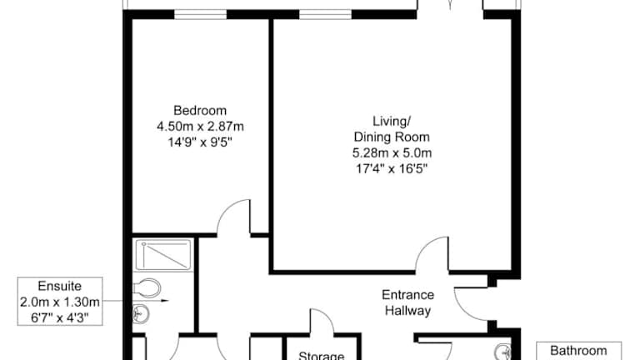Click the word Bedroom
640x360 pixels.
point(200,111)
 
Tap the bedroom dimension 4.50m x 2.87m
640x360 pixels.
point(200,127)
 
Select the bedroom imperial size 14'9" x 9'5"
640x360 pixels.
point(200,142)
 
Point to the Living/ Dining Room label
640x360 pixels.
point(392,129)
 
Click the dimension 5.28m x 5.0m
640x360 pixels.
point(392,153)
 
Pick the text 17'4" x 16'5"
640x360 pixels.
point(392,168)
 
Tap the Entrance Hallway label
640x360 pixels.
point(407,302)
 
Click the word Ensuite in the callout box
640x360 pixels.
point(60,286)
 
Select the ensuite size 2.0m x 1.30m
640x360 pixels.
point(60,302)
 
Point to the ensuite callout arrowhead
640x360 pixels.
point(165,301)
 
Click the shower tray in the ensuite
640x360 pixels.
point(163,255)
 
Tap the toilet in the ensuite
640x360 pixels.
point(147,288)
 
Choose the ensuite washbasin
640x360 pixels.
point(140,314)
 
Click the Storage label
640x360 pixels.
point(321,355)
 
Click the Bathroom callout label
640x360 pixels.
point(578,350)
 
